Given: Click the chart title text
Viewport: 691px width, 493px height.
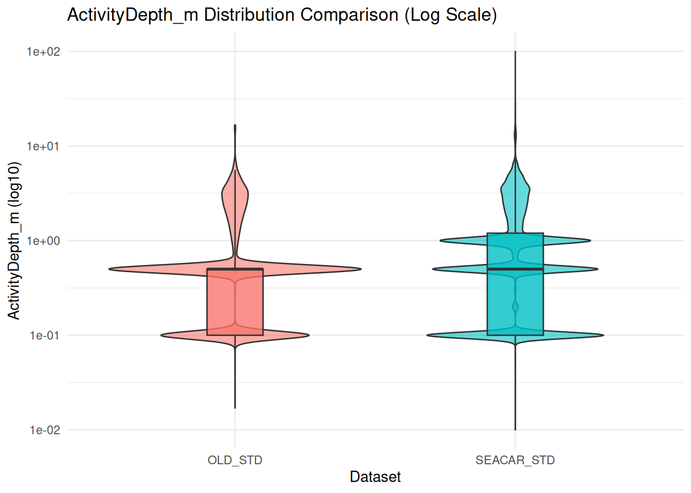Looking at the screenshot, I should coord(282,15).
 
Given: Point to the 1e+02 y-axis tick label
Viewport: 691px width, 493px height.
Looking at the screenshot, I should coord(44,51).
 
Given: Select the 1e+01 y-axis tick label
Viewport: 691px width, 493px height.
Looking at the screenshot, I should coord(44,146).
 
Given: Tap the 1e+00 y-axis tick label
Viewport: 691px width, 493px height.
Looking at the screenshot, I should coord(44,241).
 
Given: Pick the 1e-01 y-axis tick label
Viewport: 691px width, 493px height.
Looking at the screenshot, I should coord(45,335).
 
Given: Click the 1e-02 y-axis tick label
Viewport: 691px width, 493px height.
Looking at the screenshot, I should coord(45,430).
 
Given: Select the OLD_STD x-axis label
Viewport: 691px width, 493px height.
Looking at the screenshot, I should coord(235,460).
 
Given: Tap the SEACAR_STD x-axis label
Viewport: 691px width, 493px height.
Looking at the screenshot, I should coord(515,460).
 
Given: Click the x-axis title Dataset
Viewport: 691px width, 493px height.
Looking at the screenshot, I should coord(375,477).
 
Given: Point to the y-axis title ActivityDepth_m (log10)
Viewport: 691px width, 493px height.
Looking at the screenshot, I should coord(14,240).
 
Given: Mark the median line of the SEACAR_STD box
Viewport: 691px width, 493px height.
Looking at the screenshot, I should coord(515,269).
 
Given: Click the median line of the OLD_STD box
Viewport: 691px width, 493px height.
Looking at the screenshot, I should coord(235,269).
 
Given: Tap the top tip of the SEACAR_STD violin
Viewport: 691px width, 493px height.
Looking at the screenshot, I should coord(515,52).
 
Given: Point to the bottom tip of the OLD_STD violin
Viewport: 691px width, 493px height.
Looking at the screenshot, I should coord(235,408).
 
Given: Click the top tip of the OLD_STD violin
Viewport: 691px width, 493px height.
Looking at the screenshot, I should coord(235,125).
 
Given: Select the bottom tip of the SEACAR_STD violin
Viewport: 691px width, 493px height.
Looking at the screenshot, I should coord(515,429).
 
